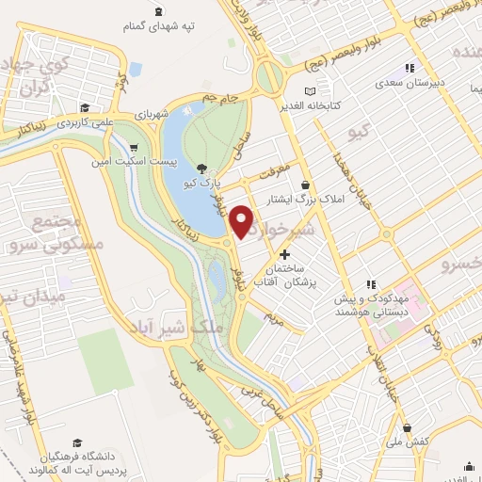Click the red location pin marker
(x=243, y=220)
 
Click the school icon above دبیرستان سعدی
(x=409, y=67)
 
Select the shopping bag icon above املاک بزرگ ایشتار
(x=305, y=185)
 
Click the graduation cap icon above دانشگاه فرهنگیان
(x=89, y=442)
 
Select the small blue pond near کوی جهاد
(x=136, y=69)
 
